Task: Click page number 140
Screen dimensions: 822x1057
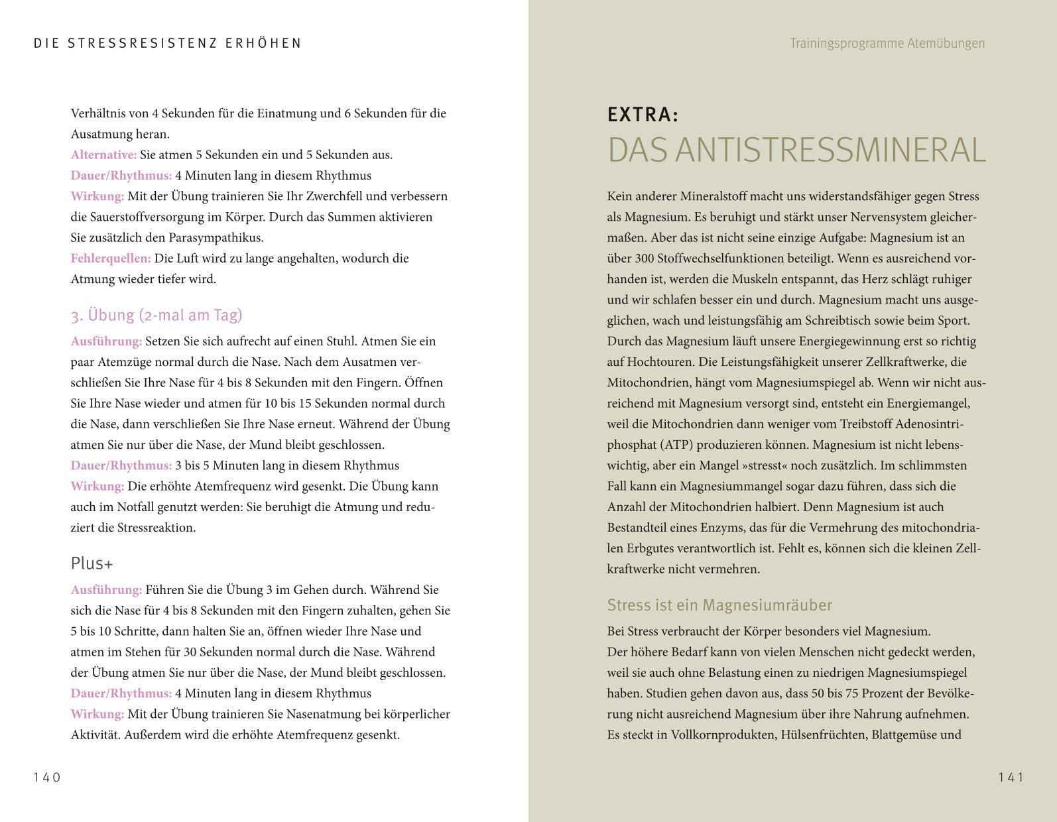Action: click(x=47, y=778)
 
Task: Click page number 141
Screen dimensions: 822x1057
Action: click(x=1011, y=778)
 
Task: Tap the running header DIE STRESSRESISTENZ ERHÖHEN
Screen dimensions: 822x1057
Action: click(x=168, y=43)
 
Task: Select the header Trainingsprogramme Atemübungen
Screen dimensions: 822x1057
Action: click(x=887, y=43)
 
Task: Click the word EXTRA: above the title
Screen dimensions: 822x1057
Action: click(x=643, y=115)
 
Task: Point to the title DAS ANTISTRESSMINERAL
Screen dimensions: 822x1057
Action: click(x=796, y=150)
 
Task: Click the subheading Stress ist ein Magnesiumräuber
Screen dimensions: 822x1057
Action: click(x=719, y=605)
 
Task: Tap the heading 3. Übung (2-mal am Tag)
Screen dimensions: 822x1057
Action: click(x=156, y=315)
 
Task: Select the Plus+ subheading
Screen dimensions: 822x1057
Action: click(x=92, y=563)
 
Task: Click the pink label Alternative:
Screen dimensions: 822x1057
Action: click(x=103, y=155)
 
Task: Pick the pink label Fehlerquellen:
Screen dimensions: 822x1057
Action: click(x=111, y=259)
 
